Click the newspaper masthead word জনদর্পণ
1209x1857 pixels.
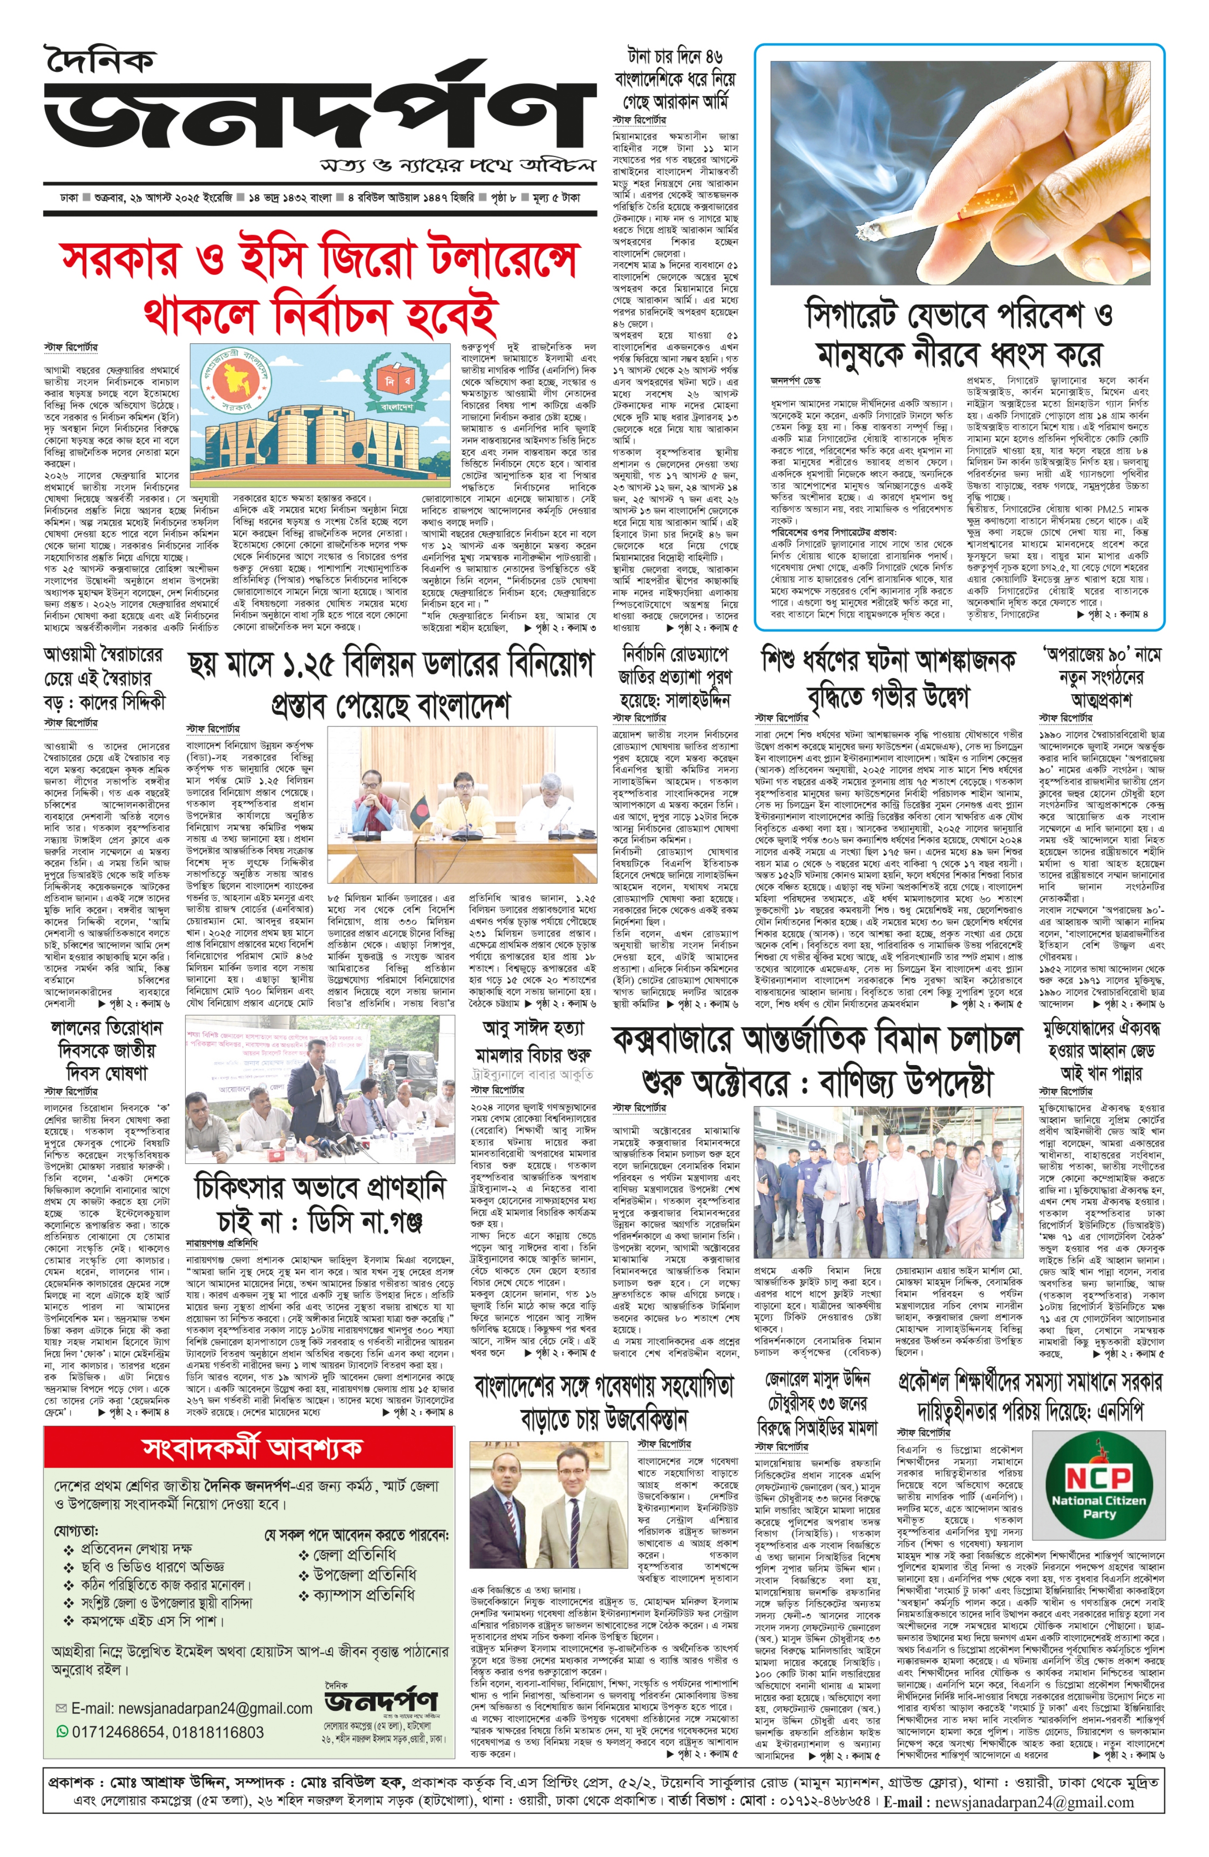click(312, 117)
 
